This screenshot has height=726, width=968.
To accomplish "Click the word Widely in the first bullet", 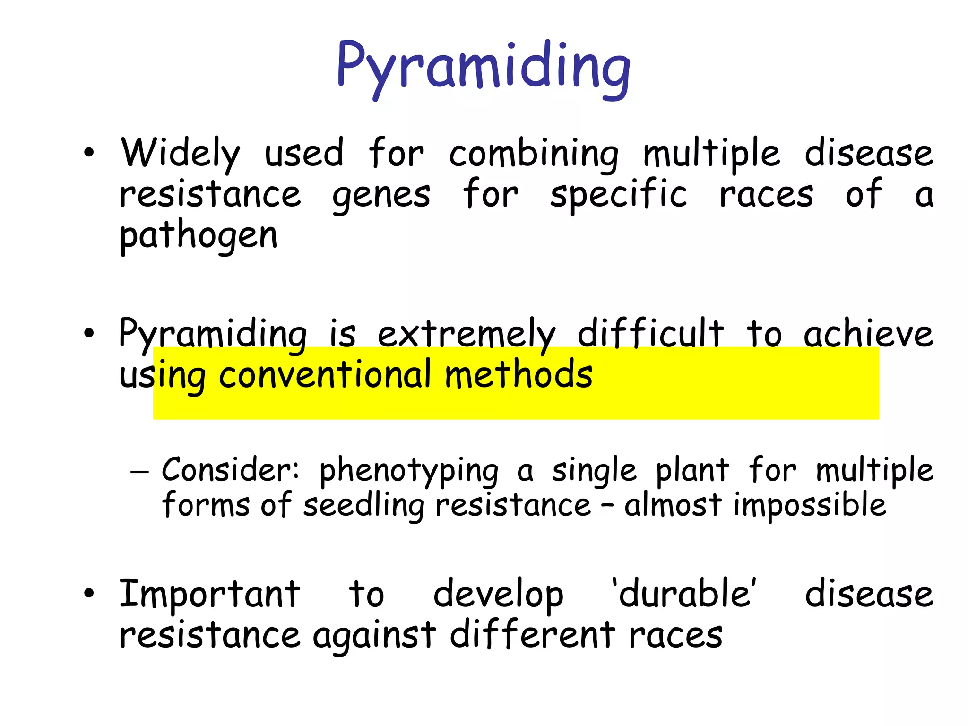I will click(x=180, y=154).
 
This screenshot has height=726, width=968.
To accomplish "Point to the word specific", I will click(x=618, y=195).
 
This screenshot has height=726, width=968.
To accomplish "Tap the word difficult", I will click(x=650, y=334).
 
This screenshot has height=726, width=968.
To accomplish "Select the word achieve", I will click(x=868, y=334).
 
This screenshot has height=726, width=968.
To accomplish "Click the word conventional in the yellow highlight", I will click(x=325, y=374).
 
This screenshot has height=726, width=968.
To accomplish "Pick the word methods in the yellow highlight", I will click(x=519, y=374).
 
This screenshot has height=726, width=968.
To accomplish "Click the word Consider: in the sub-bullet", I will click(x=231, y=470).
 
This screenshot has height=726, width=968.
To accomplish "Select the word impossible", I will click(x=809, y=505).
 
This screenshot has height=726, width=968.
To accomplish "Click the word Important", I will click(x=209, y=594).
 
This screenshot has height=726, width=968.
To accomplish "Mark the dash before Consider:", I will click(x=139, y=471).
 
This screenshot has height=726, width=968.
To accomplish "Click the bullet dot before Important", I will click(x=89, y=594).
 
